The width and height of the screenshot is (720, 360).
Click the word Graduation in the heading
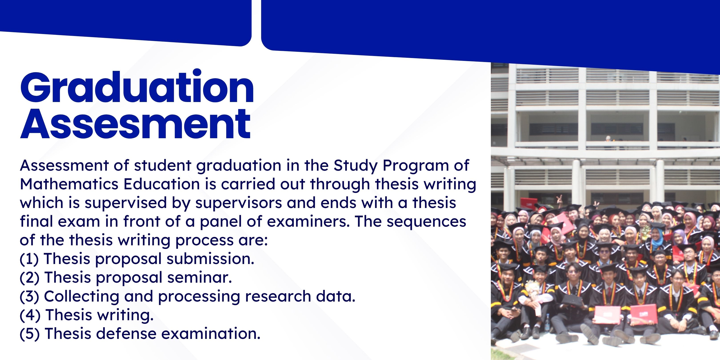pyautogui.click(x=137, y=87)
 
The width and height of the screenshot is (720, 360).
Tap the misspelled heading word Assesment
pyautogui.click(x=135, y=124)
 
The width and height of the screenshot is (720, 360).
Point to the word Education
pyautogui.click(x=162, y=184)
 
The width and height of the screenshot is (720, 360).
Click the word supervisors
pyautogui.click(x=238, y=203)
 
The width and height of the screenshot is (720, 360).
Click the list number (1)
pyautogui.click(x=29, y=259)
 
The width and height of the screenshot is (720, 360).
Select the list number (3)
pyautogui.click(x=29, y=296)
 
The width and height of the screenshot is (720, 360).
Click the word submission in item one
pyautogui.click(x=210, y=259)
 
